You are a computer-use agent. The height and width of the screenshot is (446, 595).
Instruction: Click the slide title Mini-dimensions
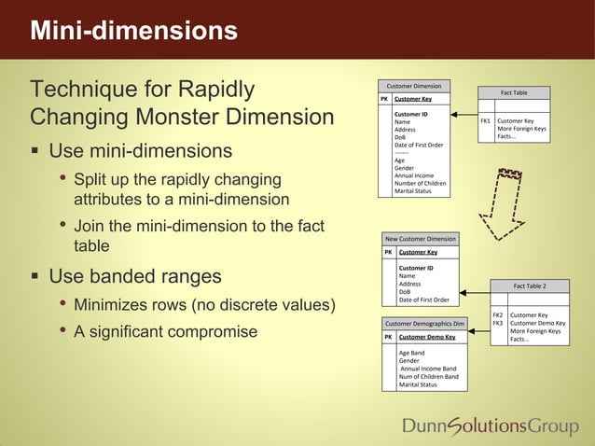[133, 32]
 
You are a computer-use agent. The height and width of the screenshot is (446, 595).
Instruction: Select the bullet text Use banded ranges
[135, 276]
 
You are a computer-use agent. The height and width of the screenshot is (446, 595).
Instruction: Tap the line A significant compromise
[165, 331]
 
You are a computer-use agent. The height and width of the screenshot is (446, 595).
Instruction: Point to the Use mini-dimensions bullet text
[140, 151]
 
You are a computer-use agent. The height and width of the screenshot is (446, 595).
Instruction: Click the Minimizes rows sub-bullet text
[204, 305]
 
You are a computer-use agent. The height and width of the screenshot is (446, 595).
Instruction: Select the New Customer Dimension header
[422, 239]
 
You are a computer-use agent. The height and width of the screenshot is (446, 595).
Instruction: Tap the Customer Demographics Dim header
[425, 324]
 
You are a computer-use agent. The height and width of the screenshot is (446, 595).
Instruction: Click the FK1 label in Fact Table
[485, 121]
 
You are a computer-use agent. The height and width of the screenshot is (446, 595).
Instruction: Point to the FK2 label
[498, 315]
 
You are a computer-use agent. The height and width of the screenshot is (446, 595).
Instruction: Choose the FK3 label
[498, 323]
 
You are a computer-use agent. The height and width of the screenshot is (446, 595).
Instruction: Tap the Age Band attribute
[411, 354]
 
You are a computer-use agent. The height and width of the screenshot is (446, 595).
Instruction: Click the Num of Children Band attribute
[428, 377]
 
